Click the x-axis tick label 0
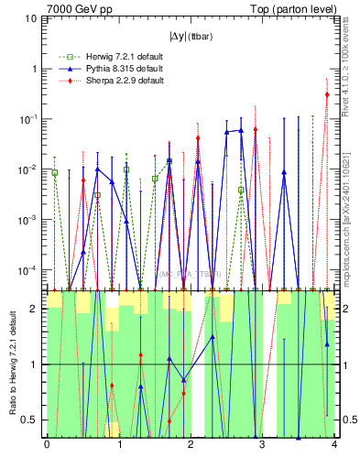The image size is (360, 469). coord(46,445)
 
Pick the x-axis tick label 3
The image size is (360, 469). coord(262,445)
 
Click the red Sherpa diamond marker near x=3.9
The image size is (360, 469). coord(327,94)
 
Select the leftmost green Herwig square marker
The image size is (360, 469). coord(55,172)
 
